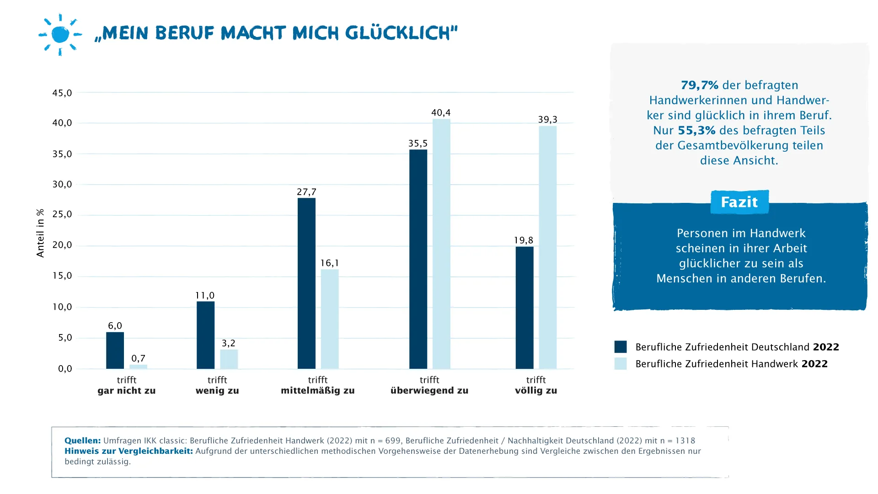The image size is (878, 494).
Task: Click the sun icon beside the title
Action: click(60, 35)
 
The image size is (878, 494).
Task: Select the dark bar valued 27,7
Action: click(306, 283)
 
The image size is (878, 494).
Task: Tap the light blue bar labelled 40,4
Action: click(441, 244)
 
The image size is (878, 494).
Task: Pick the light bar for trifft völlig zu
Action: click(547, 247)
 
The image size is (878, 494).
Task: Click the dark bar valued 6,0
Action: click(115, 351)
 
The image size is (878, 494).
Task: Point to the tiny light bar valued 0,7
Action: click(138, 367)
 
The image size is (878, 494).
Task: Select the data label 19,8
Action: click(524, 240)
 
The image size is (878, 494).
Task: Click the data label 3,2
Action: click(228, 343)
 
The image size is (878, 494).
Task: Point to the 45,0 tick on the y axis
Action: click(62, 93)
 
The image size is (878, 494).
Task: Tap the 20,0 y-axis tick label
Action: click(62, 245)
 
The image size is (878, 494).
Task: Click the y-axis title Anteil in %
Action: click(40, 233)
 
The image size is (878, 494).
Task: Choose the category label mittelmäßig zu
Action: click(317, 391)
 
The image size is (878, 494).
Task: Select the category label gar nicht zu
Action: click(127, 391)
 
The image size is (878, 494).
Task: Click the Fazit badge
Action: click(739, 202)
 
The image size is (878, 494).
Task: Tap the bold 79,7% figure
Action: click(699, 85)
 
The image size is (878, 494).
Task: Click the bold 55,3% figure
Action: click(696, 131)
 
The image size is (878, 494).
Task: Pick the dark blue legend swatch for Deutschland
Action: click(620, 347)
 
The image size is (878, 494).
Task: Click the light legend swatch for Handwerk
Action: click(620, 364)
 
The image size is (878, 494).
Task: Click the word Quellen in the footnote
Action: click(82, 441)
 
